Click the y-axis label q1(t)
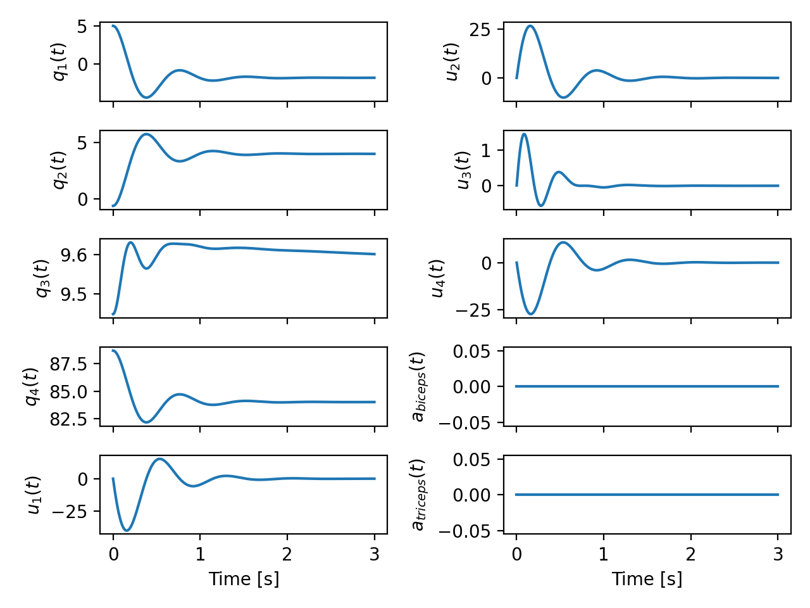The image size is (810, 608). coord(59,62)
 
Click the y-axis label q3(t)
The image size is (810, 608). coord(42,278)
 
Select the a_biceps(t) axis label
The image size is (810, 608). coord(418,386)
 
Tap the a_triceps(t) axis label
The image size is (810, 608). coord(418,495)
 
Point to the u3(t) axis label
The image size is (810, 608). coord(463,170)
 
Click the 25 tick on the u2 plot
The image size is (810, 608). coord(480,30)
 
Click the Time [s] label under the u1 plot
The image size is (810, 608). coord(244,579)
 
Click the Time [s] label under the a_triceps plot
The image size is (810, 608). coord(647,579)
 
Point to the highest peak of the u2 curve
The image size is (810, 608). coord(530,26)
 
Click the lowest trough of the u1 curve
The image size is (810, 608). coord(127,530)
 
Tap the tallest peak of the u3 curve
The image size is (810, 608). coord(524,134)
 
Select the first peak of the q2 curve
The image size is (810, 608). coord(147,134)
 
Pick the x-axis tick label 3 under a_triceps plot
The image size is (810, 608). coord(778,555)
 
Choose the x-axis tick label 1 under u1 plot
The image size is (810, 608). coord(200,555)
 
